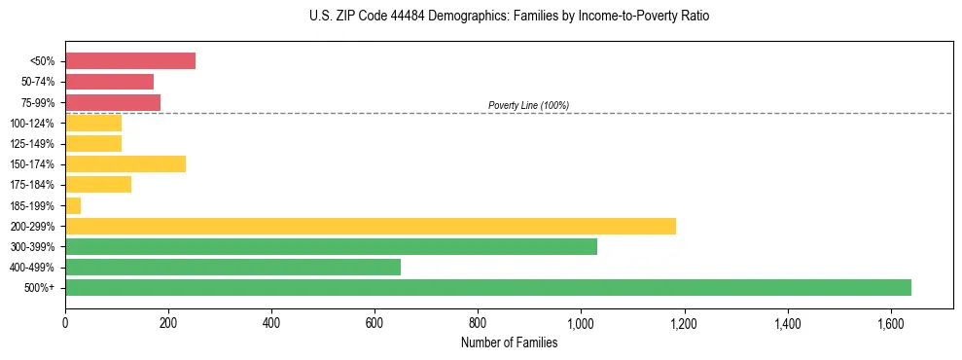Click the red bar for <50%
pyautogui.click(x=130, y=61)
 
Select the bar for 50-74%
pyautogui.click(x=109, y=82)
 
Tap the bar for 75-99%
pyautogui.click(x=113, y=102)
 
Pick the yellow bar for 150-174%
pyautogui.click(x=125, y=164)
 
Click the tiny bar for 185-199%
pyautogui.click(x=73, y=205)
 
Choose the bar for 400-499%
pyautogui.click(x=232, y=268)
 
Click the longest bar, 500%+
pyautogui.click(x=487, y=288)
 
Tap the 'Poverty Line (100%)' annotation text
pyautogui.click(x=528, y=105)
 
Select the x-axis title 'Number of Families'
pyautogui.click(x=509, y=342)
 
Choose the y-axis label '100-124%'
pyautogui.click(x=31, y=124)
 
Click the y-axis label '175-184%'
pyautogui.click(x=31, y=185)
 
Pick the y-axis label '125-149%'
pyautogui.click(x=31, y=144)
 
